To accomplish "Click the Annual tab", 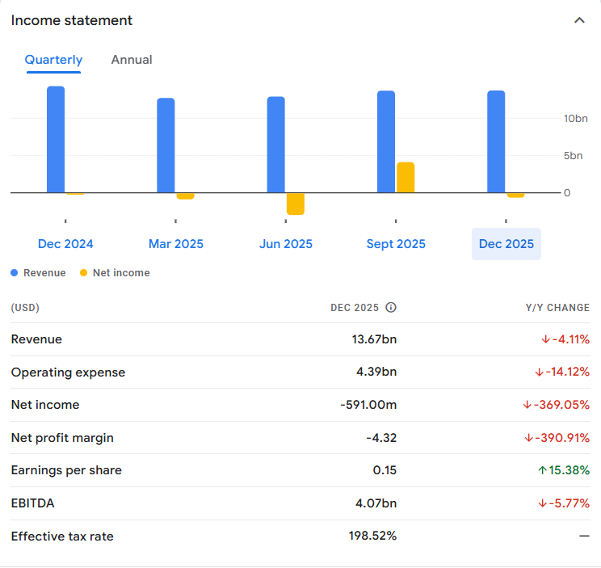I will [132, 60].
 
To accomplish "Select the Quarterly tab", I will [53, 60].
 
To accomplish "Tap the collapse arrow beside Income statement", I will [579, 20].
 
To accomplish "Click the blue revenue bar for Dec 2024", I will [56, 139].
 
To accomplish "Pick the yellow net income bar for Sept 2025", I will [406, 178].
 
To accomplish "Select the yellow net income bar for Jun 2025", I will [296, 204].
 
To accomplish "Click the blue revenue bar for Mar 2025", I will [166, 145].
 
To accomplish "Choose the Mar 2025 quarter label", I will [176, 244].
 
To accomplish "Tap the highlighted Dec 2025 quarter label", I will [506, 244].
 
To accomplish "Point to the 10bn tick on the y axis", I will [576, 119].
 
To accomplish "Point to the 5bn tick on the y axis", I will [573, 156].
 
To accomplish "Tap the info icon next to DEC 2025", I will [391, 308].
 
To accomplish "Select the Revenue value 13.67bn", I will [374, 339].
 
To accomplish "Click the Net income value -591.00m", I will [368, 405].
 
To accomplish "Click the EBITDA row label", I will [32, 503].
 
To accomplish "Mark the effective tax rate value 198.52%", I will [371, 536].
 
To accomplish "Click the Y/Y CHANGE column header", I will [557, 308].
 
